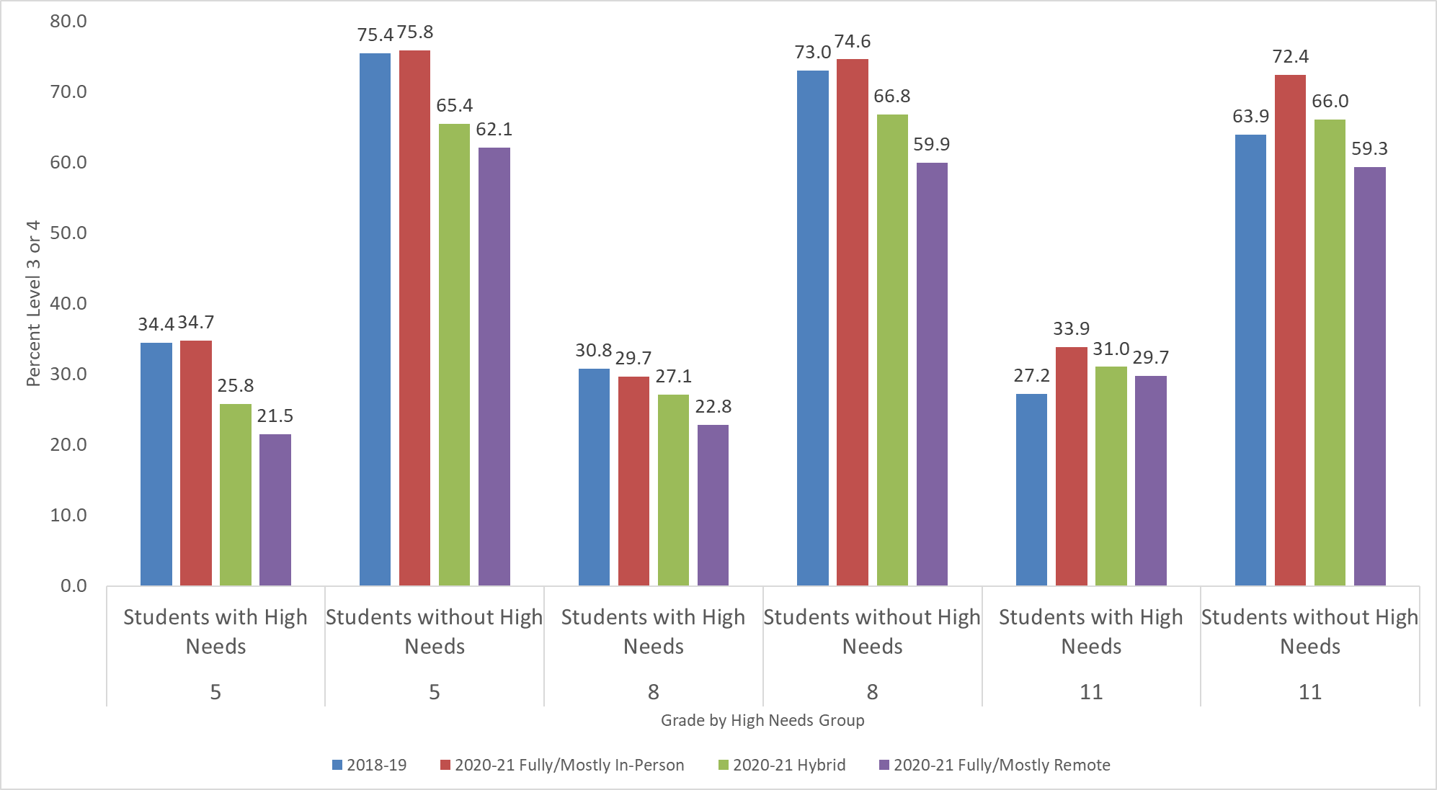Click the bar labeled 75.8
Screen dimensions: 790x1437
(414, 318)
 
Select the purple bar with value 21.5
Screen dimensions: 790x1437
(275, 509)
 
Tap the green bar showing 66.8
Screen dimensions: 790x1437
(892, 349)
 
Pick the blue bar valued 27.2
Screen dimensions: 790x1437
(1031, 489)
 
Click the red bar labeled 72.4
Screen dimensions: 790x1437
(1290, 330)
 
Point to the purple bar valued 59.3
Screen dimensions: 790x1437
(1369, 376)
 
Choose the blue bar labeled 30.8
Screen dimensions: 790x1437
(594, 477)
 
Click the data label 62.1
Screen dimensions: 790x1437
(494, 130)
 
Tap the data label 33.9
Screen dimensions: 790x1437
(1071, 329)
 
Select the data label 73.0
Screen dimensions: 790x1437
(813, 53)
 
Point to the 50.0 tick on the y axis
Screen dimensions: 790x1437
(68, 233)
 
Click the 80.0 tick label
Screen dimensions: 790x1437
(68, 22)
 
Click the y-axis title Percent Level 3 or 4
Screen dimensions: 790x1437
(33, 303)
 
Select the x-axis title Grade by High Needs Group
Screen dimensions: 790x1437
(762, 720)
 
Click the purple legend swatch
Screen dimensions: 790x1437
(884, 765)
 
